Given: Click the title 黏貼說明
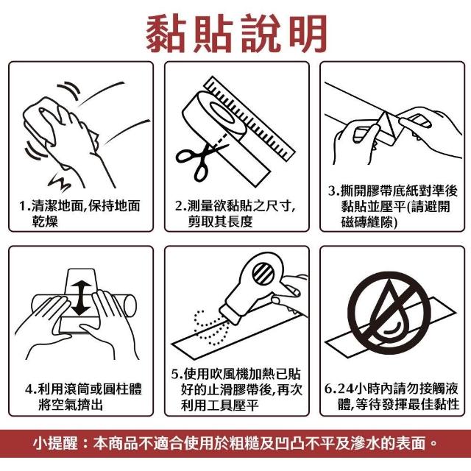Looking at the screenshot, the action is [x=236, y=33].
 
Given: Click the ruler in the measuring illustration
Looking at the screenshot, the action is [x=249, y=118].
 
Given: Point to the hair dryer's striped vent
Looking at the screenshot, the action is [x=263, y=274].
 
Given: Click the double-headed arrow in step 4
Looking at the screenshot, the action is [x=80, y=298].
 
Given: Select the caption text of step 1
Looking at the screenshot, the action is [x=79, y=213].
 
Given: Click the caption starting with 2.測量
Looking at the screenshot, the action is [x=235, y=213].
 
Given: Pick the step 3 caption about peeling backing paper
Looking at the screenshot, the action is [x=392, y=207].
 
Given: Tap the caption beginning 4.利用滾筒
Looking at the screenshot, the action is [x=83, y=397].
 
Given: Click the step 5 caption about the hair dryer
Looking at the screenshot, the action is [x=236, y=389].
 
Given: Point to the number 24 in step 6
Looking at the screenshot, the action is [x=344, y=389].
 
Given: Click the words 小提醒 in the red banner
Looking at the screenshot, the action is [x=55, y=443].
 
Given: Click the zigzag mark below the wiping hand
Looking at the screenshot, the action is [x=60, y=181].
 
